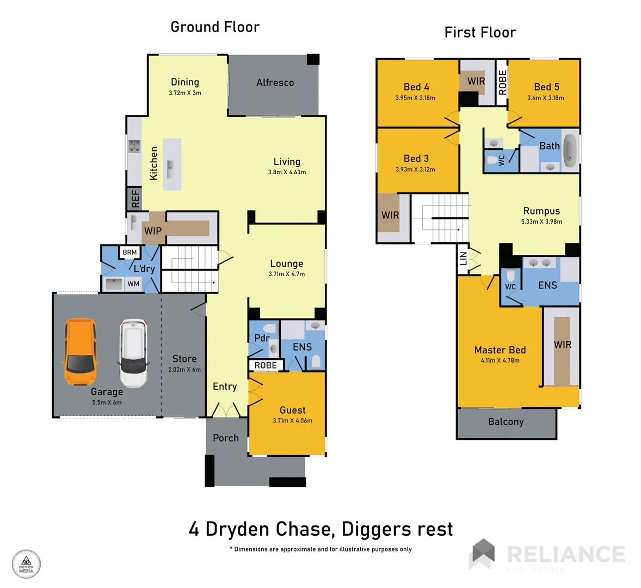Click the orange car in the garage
point(80,352)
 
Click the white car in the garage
point(133,353)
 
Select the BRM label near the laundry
point(130,252)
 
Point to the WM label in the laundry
point(133,284)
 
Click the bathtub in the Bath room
point(569,151)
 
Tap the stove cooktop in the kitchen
point(134,146)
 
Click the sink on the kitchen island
point(171,166)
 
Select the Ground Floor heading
point(215,27)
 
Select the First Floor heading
point(480,33)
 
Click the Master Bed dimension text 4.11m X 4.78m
point(500,360)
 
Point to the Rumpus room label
point(541,211)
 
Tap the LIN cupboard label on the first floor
point(463,258)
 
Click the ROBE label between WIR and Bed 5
point(502,82)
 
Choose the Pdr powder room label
point(262,338)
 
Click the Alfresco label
point(275,83)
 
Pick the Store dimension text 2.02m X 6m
point(184,370)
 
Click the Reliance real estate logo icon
point(483,554)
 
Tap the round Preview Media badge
point(26,564)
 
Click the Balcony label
point(506,422)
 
